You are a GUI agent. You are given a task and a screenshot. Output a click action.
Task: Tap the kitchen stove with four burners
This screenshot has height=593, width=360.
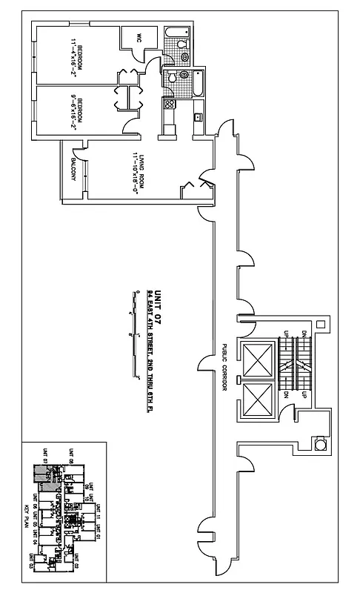[170, 104]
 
